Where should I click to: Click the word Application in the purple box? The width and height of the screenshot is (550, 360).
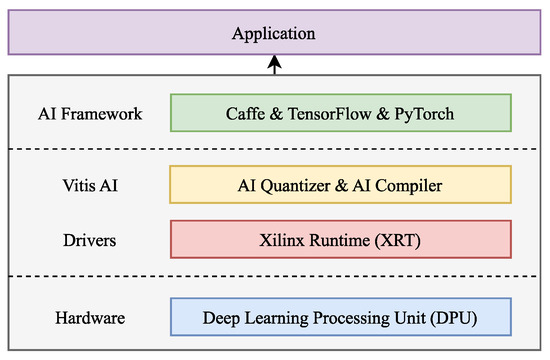click(x=273, y=34)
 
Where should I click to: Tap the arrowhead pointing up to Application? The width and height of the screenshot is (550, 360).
click(x=275, y=62)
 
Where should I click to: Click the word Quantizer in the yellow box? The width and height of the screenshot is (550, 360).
click(x=301, y=185)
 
